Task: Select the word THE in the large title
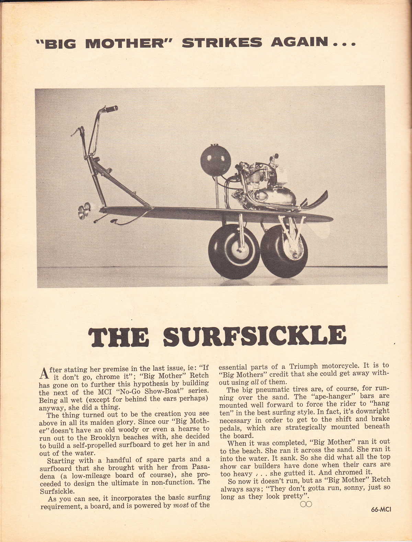[x=118, y=336]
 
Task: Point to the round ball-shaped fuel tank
[x=216, y=160]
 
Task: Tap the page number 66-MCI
[x=381, y=509]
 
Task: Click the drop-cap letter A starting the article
[x=43, y=372]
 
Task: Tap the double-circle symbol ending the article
[x=306, y=504]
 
